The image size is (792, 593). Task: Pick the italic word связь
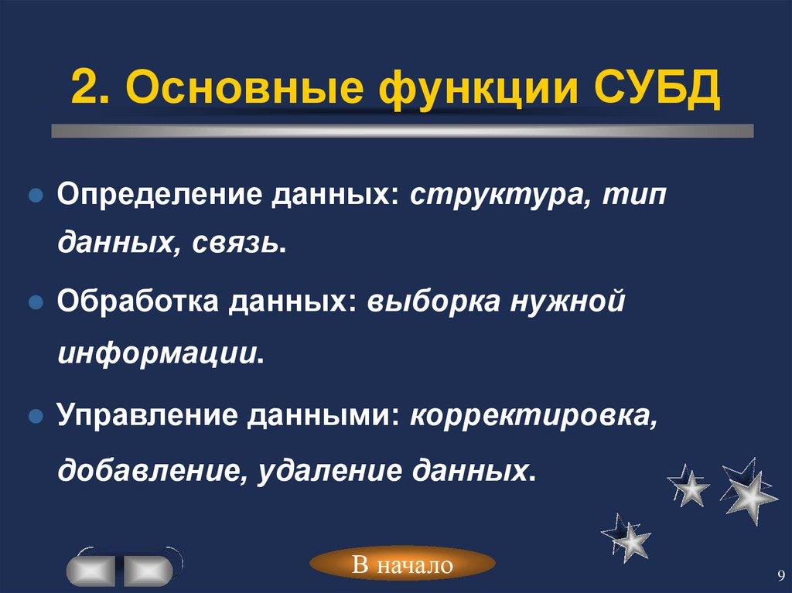coord(239,244)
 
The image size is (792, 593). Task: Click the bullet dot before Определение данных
coord(34,196)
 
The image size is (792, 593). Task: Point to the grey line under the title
coord(402,131)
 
